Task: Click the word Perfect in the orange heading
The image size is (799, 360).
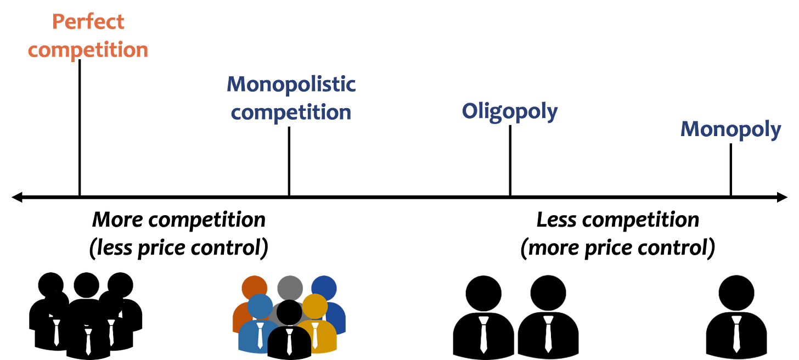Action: (88, 22)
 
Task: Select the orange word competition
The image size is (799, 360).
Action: (88, 49)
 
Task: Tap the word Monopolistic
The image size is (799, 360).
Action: (291, 85)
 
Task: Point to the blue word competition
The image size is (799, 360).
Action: (291, 112)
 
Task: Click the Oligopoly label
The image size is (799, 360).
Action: (510, 111)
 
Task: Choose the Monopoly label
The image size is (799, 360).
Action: (731, 130)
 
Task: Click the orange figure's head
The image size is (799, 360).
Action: (254, 288)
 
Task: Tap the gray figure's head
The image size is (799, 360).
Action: (290, 286)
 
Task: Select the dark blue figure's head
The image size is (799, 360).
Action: (324, 287)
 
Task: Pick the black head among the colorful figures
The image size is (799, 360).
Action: (289, 312)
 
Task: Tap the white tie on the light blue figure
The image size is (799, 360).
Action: (260, 334)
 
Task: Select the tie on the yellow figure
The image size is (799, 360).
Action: (315, 334)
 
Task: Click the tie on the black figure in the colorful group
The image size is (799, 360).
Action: (289, 341)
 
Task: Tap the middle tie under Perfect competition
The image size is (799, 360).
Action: (88, 341)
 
